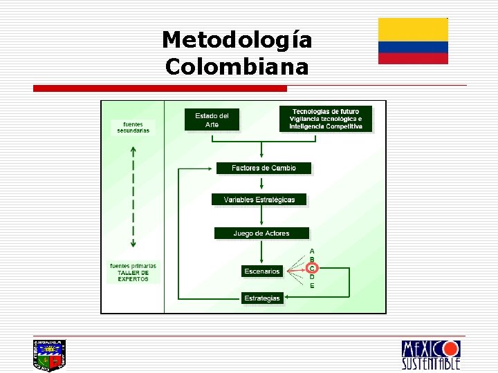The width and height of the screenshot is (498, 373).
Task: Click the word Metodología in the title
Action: tap(237, 40)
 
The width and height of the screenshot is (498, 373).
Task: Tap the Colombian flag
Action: tap(413, 41)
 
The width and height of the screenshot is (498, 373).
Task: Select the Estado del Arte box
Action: tap(212, 119)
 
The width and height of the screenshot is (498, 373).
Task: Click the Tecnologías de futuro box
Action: tap(326, 119)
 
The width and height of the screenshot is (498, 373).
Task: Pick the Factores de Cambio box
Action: tap(264, 168)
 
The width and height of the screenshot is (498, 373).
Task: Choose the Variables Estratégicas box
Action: tap(259, 200)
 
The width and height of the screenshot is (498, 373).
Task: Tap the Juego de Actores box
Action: tap(261, 233)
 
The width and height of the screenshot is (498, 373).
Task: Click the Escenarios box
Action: tap(261, 271)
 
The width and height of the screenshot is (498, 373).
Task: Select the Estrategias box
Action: tap(261, 298)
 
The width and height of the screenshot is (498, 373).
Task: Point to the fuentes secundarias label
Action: tap(133, 127)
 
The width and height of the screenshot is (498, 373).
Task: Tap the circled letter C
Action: tap(313, 268)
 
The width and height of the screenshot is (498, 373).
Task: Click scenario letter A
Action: tap(312, 251)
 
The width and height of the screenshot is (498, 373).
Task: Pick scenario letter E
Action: tap(312, 285)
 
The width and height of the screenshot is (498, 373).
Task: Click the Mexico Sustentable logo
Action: tap(430, 354)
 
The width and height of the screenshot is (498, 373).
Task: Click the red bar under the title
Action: tap(160, 88)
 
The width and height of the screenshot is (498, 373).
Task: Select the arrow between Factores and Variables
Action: tap(261, 184)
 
